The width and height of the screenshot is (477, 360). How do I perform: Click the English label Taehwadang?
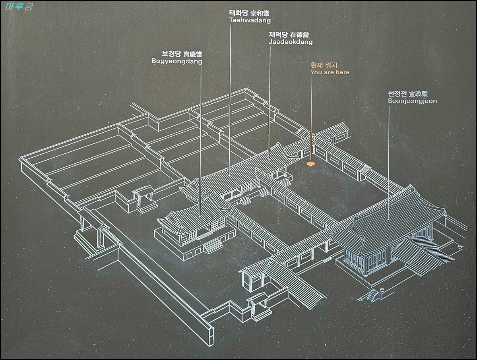250,20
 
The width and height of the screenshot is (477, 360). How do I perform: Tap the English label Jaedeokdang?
291,42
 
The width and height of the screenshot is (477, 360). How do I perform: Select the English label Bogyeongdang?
176,61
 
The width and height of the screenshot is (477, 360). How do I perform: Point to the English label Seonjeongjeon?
412,101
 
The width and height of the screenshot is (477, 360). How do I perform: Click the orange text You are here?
330,72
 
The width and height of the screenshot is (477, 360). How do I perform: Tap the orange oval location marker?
310,163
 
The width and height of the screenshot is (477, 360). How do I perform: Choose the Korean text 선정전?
398,94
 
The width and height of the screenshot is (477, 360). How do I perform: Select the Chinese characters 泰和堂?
261,13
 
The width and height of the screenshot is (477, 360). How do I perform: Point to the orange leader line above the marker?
311,119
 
